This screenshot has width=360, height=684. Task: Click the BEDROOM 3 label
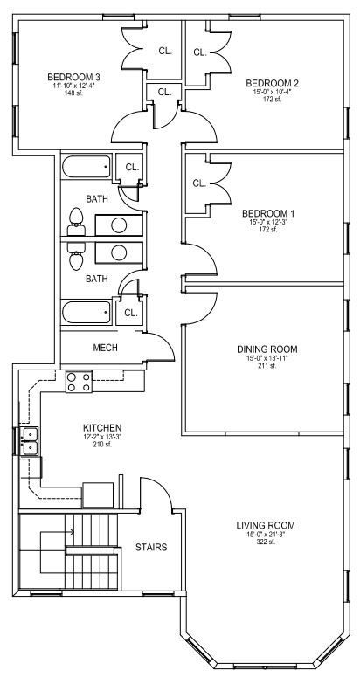coord(73,77)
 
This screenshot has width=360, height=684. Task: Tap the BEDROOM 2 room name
coord(273,83)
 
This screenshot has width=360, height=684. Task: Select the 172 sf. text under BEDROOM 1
coord(268,229)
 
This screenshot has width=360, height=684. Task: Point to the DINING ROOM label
coord(267,349)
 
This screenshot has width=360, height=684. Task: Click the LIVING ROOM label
coord(266,525)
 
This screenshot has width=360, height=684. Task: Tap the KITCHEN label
coord(102,427)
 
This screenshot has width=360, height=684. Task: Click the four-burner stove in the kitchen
coord(79,381)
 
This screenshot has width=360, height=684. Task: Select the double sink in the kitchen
coord(30,441)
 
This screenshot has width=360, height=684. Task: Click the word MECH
coord(105,348)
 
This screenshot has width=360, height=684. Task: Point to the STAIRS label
coord(151,547)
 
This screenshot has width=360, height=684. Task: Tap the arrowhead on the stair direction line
coord(72,531)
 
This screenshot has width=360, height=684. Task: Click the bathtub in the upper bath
coord(86,167)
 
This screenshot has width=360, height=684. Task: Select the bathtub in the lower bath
coord(86,313)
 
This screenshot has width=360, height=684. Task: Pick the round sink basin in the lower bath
coord(119,252)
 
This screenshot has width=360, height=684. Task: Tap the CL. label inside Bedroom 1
coord(199,183)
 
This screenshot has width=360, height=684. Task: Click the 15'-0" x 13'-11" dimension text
coord(267,358)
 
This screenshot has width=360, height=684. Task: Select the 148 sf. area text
coord(73,93)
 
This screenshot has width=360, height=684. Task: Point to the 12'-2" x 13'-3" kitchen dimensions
coord(102,437)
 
